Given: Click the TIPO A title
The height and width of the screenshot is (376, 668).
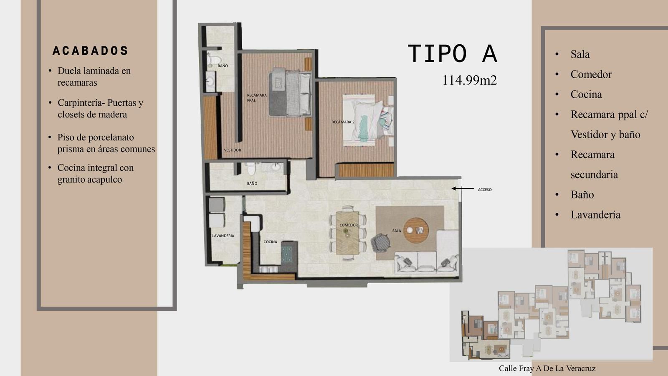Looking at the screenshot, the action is pyautogui.click(x=453, y=54).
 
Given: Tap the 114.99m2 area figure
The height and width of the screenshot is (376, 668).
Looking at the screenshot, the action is pyautogui.click(x=469, y=80).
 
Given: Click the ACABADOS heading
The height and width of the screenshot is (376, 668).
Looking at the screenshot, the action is pyautogui.click(x=90, y=51).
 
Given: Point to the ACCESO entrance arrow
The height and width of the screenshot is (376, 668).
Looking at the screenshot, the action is pyautogui.click(x=463, y=188).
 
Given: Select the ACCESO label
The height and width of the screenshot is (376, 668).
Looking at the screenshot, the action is pyautogui.click(x=485, y=190).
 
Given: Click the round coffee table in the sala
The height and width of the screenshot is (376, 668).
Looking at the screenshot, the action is pyautogui.click(x=416, y=230).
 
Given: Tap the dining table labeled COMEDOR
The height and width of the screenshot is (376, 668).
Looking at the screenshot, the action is pyautogui.click(x=348, y=233).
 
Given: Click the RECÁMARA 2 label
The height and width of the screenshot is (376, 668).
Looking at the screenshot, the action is pyautogui.click(x=343, y=122).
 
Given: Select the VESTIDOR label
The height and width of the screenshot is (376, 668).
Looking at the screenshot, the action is pyautogui.click(x=233, y=150).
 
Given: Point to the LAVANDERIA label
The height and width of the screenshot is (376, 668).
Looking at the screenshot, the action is pyautogui.click(x=223, y=236).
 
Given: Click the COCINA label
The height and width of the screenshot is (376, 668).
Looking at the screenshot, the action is pyautogui.click(x=270, y=242).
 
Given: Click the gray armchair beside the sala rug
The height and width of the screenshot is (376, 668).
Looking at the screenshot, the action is pyautogui.click(x=381, y=242).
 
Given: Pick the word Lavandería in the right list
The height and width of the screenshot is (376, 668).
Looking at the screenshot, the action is pyautogui.click(x=595, y=215).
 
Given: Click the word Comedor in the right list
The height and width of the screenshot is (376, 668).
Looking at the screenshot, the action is pyautogui.click(x=591, y=74).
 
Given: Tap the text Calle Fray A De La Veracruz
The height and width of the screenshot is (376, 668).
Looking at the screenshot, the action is pyautogui.click(x=547, y=368).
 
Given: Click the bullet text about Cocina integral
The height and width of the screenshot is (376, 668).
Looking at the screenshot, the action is pyautogui.click(x=96, y=173).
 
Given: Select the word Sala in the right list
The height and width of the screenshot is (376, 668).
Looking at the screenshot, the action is pyautogui.click(x=580, y=54).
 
